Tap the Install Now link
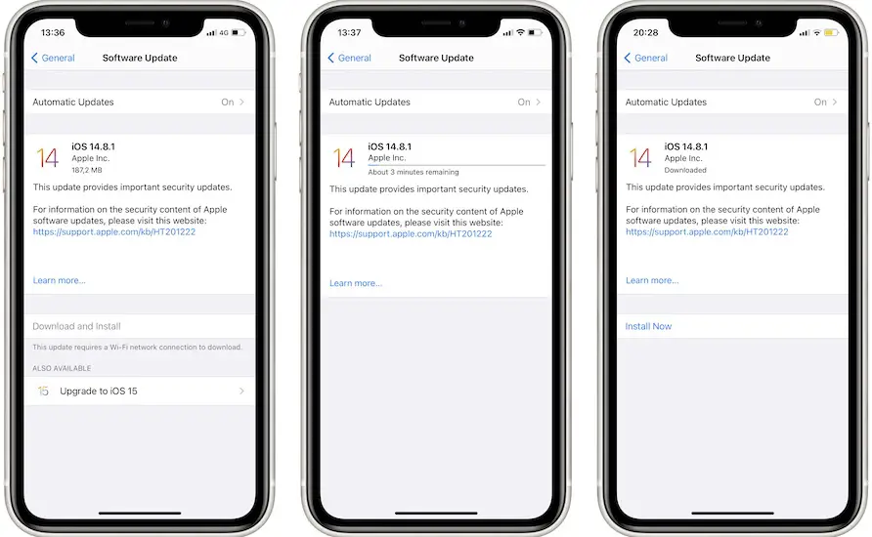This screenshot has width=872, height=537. (648, 326)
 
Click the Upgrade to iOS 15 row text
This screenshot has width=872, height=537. (99, 391)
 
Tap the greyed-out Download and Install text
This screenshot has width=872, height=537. (76, 326)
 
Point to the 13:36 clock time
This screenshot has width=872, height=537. (53, 33)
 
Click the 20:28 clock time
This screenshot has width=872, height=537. (645, 33)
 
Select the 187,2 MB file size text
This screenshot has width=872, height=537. (87, 170)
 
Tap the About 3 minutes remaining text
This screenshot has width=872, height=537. (414, 172)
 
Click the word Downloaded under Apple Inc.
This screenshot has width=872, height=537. (685, 170)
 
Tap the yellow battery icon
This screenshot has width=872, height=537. (831, 33)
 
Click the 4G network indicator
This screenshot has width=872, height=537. (224, 33)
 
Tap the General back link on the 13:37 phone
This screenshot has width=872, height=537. (349, 58)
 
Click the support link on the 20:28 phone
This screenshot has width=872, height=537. (707, 231)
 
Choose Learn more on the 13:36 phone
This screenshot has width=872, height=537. (59, 280)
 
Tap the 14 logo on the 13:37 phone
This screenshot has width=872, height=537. (344, 158)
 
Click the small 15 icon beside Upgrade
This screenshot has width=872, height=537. (43, 391)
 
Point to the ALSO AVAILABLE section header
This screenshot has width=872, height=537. (62, 368)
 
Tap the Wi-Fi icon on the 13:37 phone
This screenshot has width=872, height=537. (520, 32)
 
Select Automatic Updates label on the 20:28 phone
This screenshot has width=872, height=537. (666, 103)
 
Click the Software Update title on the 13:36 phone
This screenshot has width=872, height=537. (140, 58)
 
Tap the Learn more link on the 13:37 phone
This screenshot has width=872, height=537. (356, 283)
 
